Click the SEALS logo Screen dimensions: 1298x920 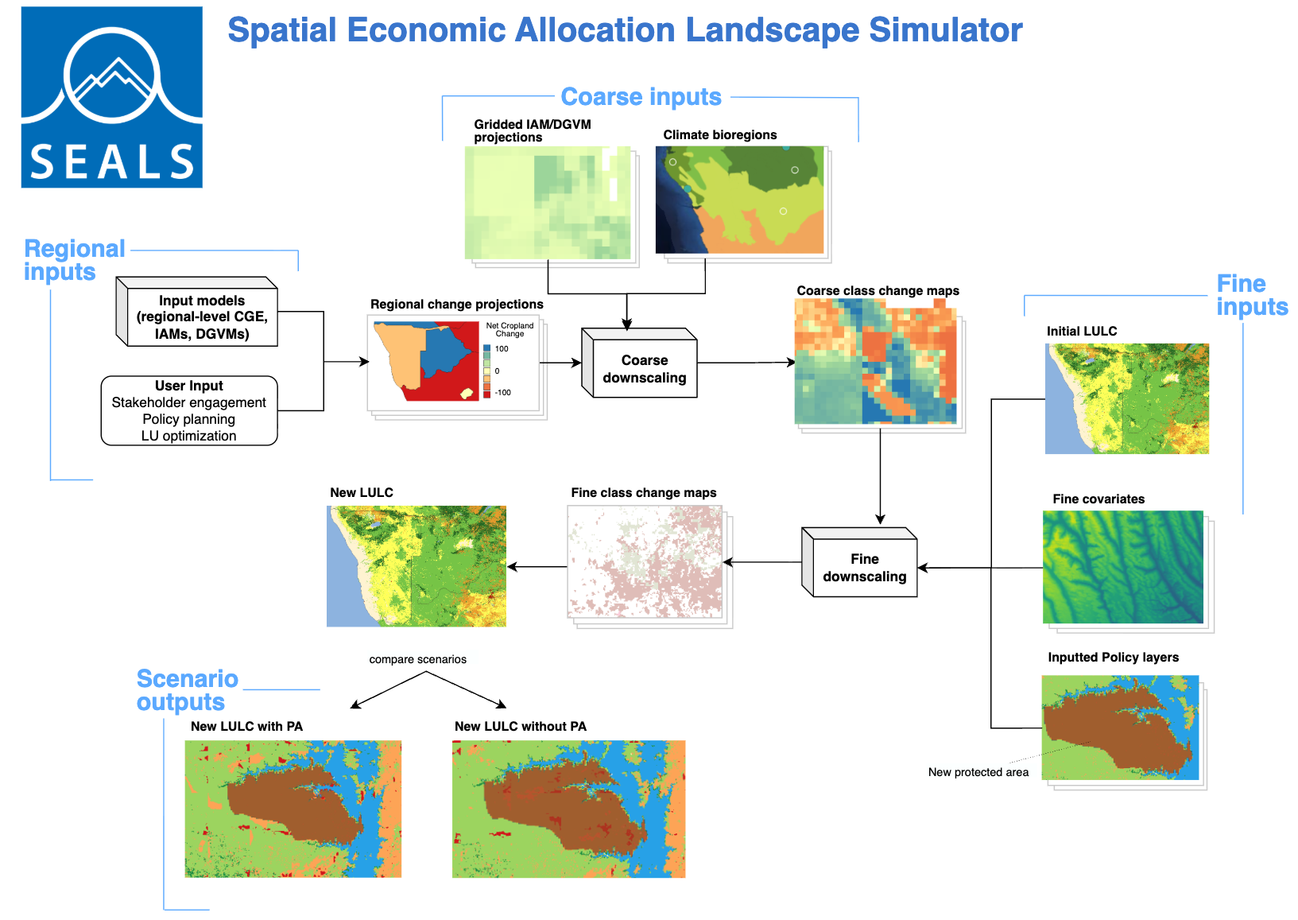click(x=112, y=97)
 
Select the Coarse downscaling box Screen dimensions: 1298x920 click(x=639, y=363)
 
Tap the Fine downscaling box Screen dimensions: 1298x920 click(x=859, y=561)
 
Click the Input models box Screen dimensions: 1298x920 click(x=196, y=311)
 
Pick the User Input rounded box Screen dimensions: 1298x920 click(x=189, y=410)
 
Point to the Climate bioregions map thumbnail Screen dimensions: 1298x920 click(x=739, y=200)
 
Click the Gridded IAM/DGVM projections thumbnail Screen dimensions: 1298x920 click(x=548, y=203)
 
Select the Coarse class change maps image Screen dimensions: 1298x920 click(x=876, y=362)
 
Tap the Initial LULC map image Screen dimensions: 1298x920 click(x=1127, y=399)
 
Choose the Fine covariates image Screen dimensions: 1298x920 click(x=1123, y=567)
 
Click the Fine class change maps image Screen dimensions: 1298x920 click(x=645, y=561)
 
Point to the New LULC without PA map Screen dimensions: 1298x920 click(x=568, y=809)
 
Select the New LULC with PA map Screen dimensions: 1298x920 click(x=293, y=809)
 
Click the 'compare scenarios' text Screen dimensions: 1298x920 click(x=418, y=659)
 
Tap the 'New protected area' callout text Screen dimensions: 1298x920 click(x=978, y=772)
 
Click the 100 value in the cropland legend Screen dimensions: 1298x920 click(x=502, y=349)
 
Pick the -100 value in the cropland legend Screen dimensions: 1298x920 click(x=503, y=393)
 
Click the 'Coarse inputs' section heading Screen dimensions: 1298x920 click(x=641, y=97)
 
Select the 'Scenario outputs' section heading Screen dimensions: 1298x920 click(x=187, y=690)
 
